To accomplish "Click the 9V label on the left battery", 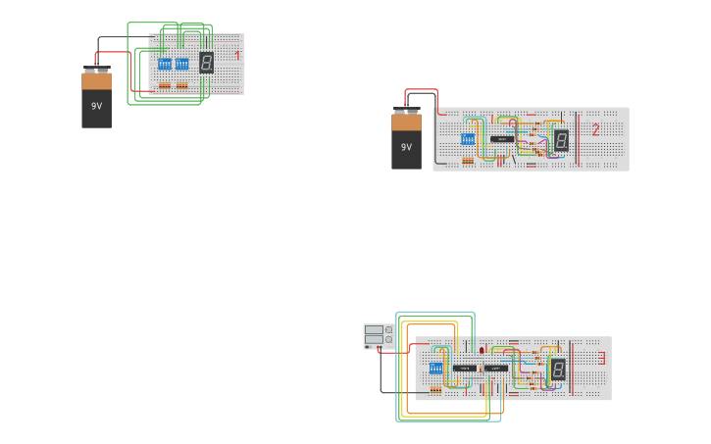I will pyautogui.click(x=96, y=106).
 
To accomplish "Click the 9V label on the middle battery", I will pyautogui.click(x=406, y=147).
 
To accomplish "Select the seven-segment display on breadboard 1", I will pyautogui.click(x=206, y=63).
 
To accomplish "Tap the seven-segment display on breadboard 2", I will pyautogui.click(x=561, y=140).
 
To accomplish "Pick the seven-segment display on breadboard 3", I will pyautogui.click(x=557, y=370).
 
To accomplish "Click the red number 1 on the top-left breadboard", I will pyautogui.click(x=237, y=56).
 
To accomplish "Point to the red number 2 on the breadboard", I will pyautogui.click(x=595, y=129).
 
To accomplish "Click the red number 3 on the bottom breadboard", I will pyautogui.click(x=602, y=359).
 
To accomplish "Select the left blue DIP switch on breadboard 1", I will pyautogui.click(x=165, y=64).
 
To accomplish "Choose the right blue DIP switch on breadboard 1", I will pyautogui.click(x=182, y=64).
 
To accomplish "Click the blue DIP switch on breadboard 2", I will pyautogui.click(x=468, y=139).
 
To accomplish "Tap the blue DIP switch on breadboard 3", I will pyautogui.click(x=435, y=369).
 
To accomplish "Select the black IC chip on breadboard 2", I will pyautogui.click(x=502, y=139).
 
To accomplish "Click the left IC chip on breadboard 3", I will pyautogui.click(x=465, y=368).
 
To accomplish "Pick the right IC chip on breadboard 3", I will pyautogui.click(x=496, y=368).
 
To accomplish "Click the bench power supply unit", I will pyautogui.click(x=379, y=335).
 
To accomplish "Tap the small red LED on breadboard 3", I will pyautogui.click(x=482, y=350).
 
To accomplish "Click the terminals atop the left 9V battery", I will pyautogui.click(x=96, y=70).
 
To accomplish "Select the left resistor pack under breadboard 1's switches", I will pyautogui.click(x=165, y=85).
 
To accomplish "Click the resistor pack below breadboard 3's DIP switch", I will pyautogui.click(x=435, y=389).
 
